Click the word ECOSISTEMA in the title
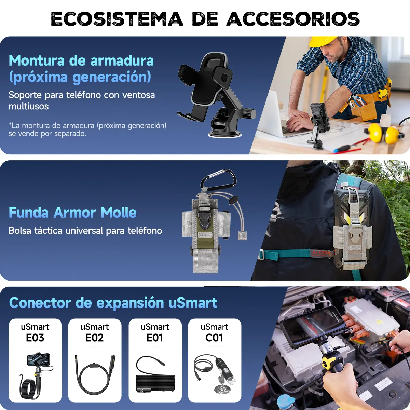click(x=117, y=19)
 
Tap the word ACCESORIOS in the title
click(x=293, y=19)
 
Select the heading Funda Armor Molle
click(x=72, y=212)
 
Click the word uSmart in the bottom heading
click(x=193, y=303)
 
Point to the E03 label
click(x=35, y=338)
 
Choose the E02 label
click(x=94, y=338)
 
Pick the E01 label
click(x=155, y=338)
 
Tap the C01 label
click(x=215, y=338)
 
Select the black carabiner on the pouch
click(x=218, y=180)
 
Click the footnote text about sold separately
click(x=87, y=129)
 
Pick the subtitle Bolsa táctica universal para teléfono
click(x=85, y=231)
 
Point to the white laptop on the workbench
click(x=277, y=115)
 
